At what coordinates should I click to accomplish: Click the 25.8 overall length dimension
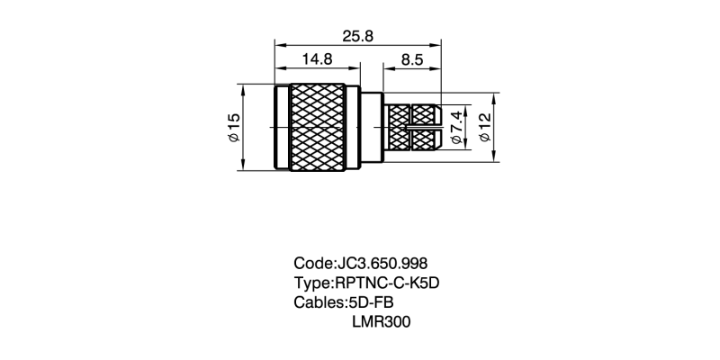(x=358, y=35)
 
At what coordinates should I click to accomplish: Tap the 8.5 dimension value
(x=413, y=60)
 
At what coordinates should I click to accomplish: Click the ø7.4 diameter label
(x=456, y=127)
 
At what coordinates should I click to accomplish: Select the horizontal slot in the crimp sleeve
(x=421, y=128)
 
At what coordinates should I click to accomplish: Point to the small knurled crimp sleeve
(x=412, y=115)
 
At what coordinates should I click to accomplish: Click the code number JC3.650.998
(x=381, y=264)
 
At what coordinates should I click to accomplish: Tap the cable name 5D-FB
(x=371, y=301)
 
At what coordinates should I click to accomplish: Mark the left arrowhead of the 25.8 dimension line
(x=278, y=43)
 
